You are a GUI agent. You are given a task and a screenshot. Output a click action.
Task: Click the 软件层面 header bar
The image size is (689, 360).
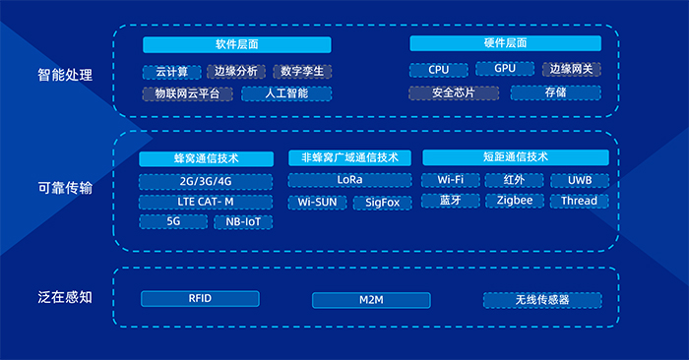[x=237, y=45]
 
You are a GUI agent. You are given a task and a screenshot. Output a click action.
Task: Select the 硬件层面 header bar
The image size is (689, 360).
[x=505, y=43]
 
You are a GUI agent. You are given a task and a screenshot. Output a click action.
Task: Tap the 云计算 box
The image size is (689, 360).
[x=172, y=72]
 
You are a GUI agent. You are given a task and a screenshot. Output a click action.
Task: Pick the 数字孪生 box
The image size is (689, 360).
[x=302, y=72]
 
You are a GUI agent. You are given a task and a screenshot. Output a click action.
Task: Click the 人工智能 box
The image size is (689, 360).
[x=286, y=93]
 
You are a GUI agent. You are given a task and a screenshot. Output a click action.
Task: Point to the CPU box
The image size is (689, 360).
[x=439, y=70]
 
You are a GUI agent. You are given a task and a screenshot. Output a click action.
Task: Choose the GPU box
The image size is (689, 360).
[x=505, y=69]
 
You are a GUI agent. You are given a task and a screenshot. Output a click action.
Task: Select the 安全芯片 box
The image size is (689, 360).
[x=454, y=92]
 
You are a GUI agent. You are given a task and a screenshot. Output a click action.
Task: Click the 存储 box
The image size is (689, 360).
[x=555, y=92]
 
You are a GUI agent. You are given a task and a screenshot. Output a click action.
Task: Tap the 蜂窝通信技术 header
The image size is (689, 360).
[x=206, y=159]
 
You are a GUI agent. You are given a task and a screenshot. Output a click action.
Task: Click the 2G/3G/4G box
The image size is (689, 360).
[x=206, y=182]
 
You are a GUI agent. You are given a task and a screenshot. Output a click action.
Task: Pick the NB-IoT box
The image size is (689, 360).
[x=243, y=222]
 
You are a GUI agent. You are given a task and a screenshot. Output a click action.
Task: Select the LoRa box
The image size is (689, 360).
[x=349, y=180]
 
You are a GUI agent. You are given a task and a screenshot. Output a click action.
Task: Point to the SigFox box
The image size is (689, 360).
[x=382, y=203]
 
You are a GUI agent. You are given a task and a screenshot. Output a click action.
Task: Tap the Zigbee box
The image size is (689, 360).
[x=515, y=201]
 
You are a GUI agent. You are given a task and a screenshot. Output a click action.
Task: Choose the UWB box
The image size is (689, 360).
[x=580, y=180]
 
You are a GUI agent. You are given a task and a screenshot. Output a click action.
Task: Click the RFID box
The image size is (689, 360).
[x=200, y=299]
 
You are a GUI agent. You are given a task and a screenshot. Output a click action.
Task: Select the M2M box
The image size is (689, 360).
[x=371, y=300]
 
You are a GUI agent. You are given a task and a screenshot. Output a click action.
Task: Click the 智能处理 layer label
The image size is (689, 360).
[x=65, y=75]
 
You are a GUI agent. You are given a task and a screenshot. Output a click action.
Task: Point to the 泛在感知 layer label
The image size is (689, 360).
[x=65, y=298]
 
